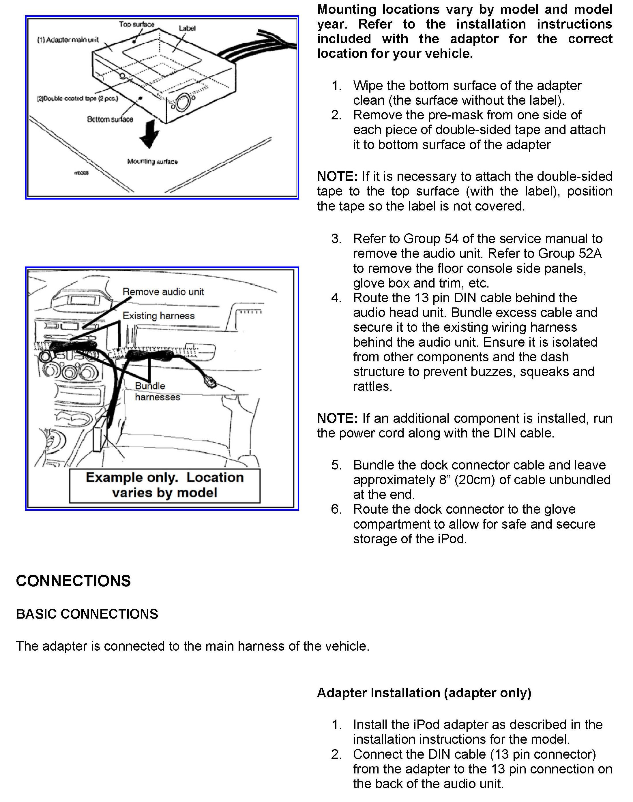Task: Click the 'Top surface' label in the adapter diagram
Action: point(136,25)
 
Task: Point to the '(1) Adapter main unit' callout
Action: point(68,40)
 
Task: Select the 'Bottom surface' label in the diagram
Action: point(110,119)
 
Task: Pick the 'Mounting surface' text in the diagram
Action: point(152,161)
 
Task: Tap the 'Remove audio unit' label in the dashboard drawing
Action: point(163,292)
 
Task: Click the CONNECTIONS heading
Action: point(73,581)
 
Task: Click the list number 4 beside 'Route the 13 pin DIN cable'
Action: point(336,298)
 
